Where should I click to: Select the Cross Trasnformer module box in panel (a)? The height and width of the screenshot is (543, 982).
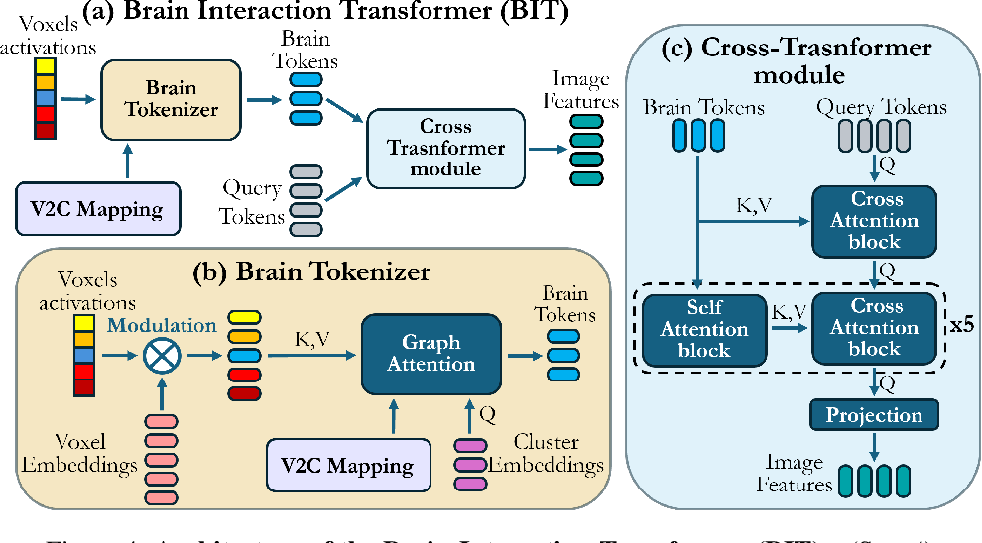[x=445, y=148]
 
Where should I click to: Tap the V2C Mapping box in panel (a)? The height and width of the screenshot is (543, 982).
[x=96, y=208]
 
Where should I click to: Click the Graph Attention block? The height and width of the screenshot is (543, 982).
[x=430, y=354]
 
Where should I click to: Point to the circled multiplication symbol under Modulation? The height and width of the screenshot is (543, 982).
[x=156, y=354]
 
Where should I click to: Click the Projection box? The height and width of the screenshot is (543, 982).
[x=875, y=415]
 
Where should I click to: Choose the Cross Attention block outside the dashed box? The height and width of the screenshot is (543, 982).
[x=874, y=219]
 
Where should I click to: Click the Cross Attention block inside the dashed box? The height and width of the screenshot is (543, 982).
[x=874, y=329]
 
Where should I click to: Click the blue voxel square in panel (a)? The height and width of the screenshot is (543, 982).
[x=44, y=98]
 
